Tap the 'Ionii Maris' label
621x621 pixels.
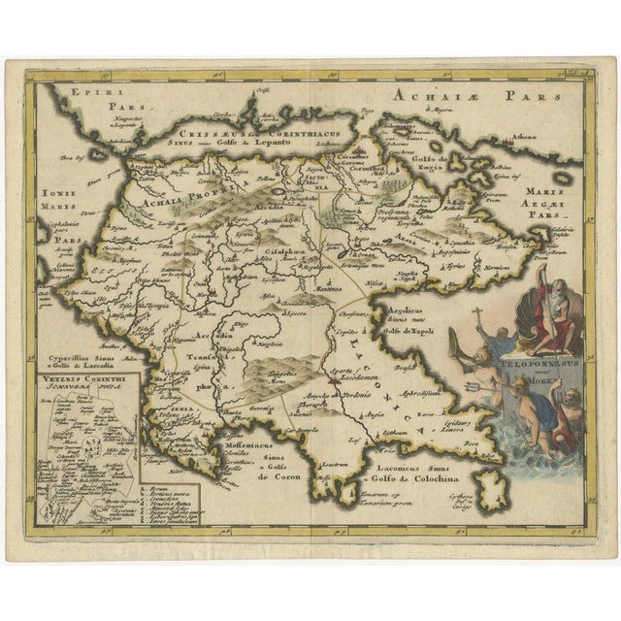tap(58, 201)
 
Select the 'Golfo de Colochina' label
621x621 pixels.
tap(408, 475)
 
